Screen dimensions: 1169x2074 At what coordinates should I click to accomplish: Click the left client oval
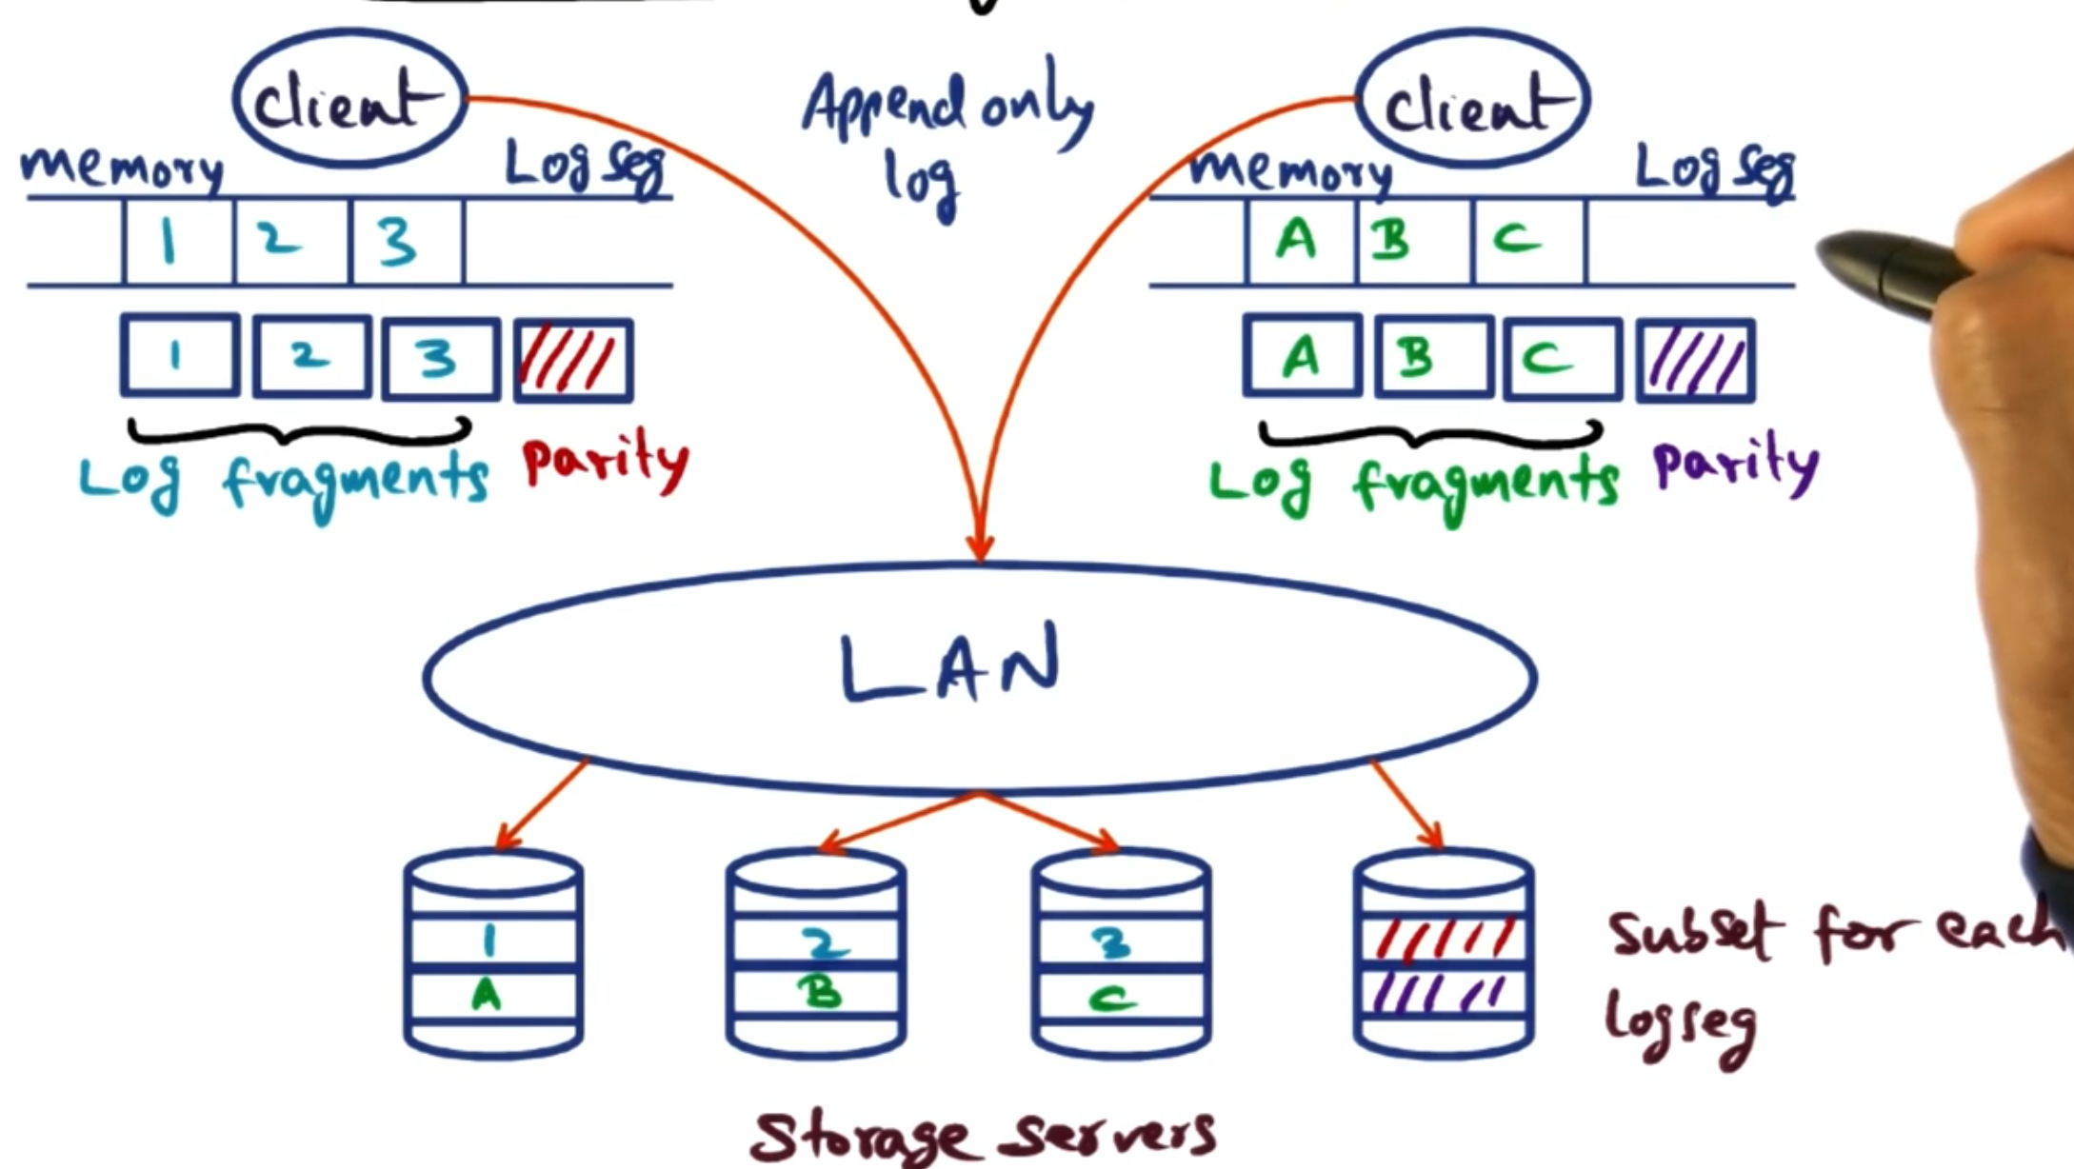[x=349, y=99]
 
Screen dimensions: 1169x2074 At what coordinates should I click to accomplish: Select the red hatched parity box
[x=573, y=360]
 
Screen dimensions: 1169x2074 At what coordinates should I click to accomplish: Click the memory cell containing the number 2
[x=290, y=241]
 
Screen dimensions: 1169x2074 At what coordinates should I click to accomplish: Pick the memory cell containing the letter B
[x=1412, y=241]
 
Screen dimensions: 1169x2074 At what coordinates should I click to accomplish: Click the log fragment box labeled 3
[x=441, y=358]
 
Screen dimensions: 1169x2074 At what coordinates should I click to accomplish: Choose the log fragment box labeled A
[x=1302, y=358]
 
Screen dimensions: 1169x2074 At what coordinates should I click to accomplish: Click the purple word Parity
[x=1735, y=465]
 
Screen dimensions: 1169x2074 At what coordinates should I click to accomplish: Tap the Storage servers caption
[x=981, y=1136]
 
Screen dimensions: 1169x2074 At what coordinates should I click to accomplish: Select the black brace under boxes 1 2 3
[x=299, y=433]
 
